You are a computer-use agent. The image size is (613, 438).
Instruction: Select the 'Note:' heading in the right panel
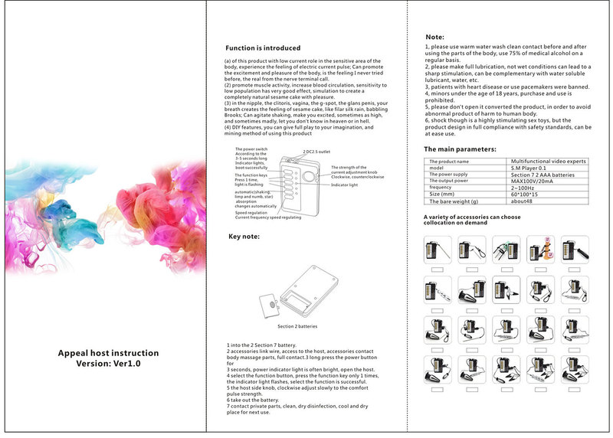click(434, 37)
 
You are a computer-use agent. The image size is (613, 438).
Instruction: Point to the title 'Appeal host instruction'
click(108, 353)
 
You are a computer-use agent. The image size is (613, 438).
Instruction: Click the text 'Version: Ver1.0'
click(108, 364)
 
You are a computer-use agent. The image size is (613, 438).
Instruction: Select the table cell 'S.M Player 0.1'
click(528, 168)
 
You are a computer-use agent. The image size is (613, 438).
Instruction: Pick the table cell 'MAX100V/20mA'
click(528, 181)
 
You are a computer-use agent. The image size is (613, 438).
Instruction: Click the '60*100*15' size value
click(526, 194)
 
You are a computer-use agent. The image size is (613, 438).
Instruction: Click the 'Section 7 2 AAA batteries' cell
click(541, 175)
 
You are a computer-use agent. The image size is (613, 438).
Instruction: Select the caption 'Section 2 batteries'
click(297, 325)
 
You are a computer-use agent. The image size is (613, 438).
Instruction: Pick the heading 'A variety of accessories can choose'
click(472, 217)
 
